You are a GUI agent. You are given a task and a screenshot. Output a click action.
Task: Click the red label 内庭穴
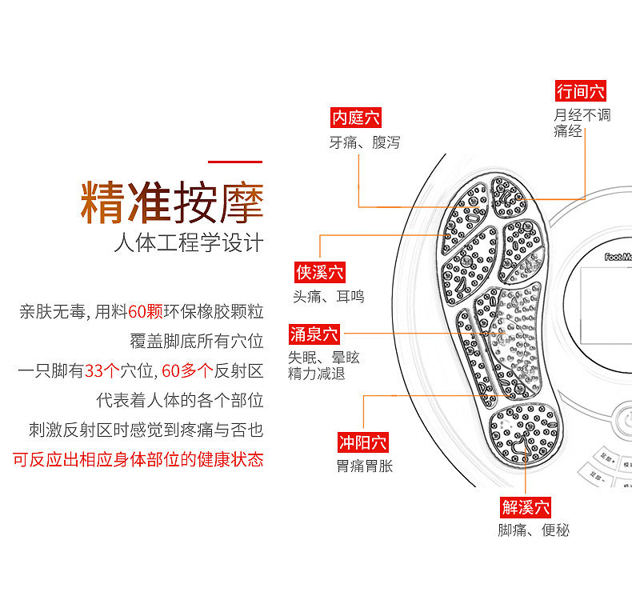[356, 118]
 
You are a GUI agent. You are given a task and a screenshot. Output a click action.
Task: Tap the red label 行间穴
[582, 91]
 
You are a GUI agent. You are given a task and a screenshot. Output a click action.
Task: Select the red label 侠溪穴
[320, 273]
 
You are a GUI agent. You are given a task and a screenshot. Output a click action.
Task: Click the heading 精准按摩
[172, 202]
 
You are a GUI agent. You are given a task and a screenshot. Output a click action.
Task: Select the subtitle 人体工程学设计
[189, 243]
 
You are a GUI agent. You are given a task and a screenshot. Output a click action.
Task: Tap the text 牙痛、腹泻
[364, 143]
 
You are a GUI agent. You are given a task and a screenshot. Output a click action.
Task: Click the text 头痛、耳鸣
[328, 296]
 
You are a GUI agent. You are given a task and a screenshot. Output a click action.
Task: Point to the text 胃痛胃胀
[365, 466]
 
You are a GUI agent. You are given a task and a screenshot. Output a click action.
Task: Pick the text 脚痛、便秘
[534, 530]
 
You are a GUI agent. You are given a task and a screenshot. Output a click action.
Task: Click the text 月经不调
[582, 115]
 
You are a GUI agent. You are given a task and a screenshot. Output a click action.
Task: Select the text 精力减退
[317, 373]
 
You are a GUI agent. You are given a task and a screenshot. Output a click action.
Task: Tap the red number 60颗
[145, 312]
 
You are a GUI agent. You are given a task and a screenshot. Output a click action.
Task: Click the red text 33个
[102, 370]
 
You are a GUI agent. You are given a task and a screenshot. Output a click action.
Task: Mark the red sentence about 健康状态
[138, 460]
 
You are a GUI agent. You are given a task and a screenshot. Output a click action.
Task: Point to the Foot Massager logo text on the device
[617, 257]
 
